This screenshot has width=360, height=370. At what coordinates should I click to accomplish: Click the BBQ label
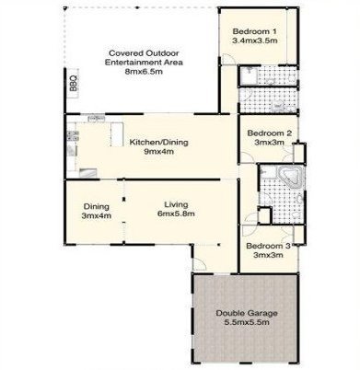click(x=74, y=84)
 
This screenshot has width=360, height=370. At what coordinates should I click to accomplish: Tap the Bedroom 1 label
click(x=255, y=31)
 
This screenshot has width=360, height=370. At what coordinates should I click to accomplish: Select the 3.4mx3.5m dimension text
click(x=255, y=40)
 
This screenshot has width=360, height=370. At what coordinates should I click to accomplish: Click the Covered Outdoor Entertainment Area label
click(x=144, y=58)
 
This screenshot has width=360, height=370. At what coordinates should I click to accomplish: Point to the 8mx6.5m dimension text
click(x=144, y=72)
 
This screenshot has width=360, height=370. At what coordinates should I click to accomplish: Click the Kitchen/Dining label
click(x=158, y=142)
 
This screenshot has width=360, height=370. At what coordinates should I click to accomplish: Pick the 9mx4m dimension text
click(x=159, y=151)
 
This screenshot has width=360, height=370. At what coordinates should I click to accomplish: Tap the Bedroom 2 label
click(x=270, y=133)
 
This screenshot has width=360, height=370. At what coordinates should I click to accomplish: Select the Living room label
click(x=176, y=204)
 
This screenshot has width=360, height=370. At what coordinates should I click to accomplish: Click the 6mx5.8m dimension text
click(x=176, y=214)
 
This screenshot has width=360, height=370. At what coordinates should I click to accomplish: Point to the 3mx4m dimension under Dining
click(x=97, y=215)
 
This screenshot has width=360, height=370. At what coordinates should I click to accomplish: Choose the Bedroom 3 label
click(x=268, y=246)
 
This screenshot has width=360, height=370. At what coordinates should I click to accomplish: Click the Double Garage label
click(x=247, y=313)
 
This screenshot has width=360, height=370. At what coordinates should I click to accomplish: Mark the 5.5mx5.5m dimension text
click(x=247, y=322)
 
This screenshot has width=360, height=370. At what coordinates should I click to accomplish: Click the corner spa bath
click(x=291, y=177)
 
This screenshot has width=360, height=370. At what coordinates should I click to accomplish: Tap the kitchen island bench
click(x=117, y=134)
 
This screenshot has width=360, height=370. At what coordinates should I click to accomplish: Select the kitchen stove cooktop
click(x=73, y=135)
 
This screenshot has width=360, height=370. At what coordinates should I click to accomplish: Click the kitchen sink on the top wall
click(x=97, y=119)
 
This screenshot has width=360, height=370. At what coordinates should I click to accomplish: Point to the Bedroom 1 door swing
click(x=228, y=59)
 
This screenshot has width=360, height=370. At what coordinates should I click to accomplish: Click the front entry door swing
click(x=200, y=264)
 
